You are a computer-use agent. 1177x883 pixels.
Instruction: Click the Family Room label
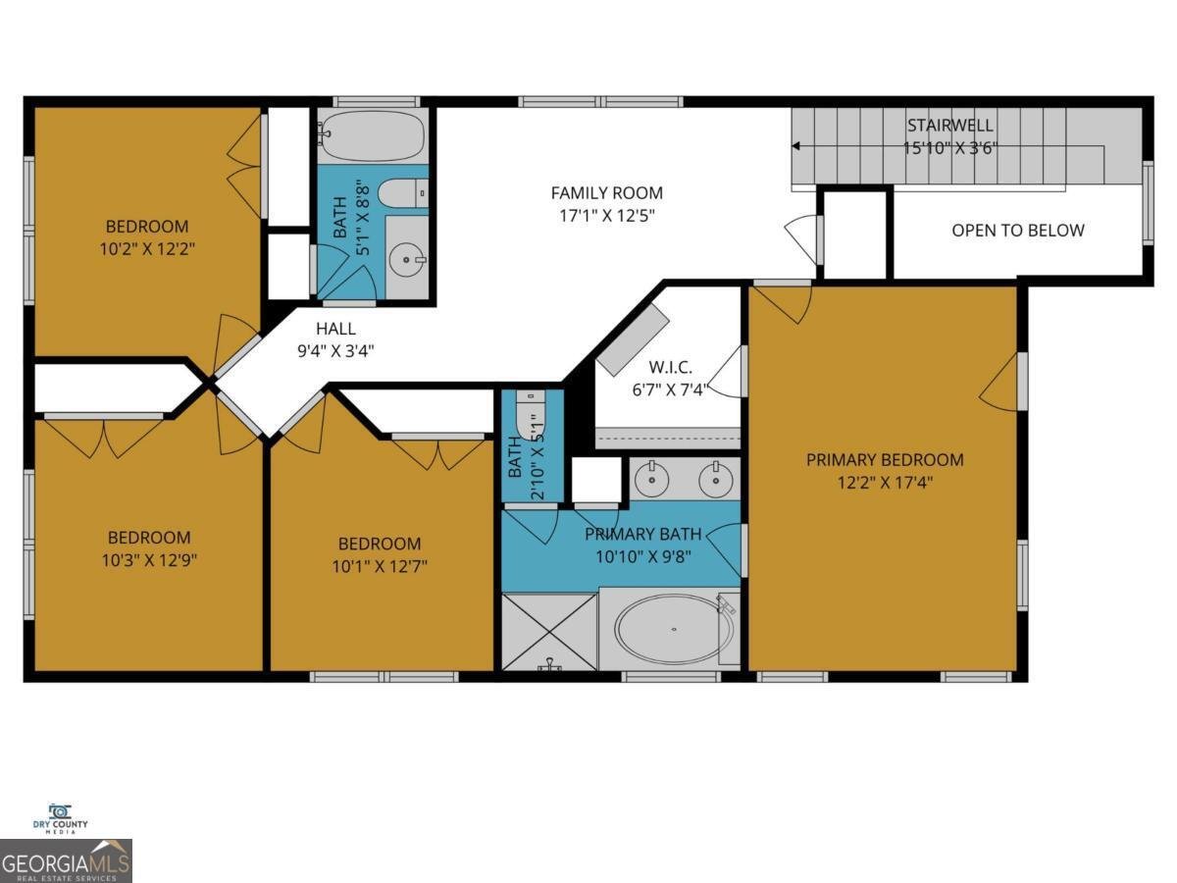tap(606, 193)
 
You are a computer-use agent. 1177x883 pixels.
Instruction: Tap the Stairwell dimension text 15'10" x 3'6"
tap(949, 148)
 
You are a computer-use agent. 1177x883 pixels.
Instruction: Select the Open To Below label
tap(1018, 231)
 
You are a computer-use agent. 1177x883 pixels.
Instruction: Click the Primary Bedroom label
tap(885, 459)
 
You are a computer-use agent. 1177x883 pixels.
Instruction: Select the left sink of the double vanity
tap(650, 480)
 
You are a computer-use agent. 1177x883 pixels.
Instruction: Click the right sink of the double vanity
tap(716, 480)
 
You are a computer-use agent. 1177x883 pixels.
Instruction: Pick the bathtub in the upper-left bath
tap(372, 136)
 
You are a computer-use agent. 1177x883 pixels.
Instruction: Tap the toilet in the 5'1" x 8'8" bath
tap(402, 194)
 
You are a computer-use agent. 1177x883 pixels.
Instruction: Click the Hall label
tap(335, 330)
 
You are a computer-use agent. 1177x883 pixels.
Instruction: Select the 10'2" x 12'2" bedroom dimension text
tap(147, 248)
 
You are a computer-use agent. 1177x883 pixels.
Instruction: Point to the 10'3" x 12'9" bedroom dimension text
tap(149, 560)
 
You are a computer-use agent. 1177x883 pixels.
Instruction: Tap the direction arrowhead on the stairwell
tap(796, 147)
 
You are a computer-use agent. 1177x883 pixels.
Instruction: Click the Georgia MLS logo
tap(66, 860)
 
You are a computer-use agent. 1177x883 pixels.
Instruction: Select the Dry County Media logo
tap(60, 817)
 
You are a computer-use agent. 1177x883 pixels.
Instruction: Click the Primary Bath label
tap(643, 535)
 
